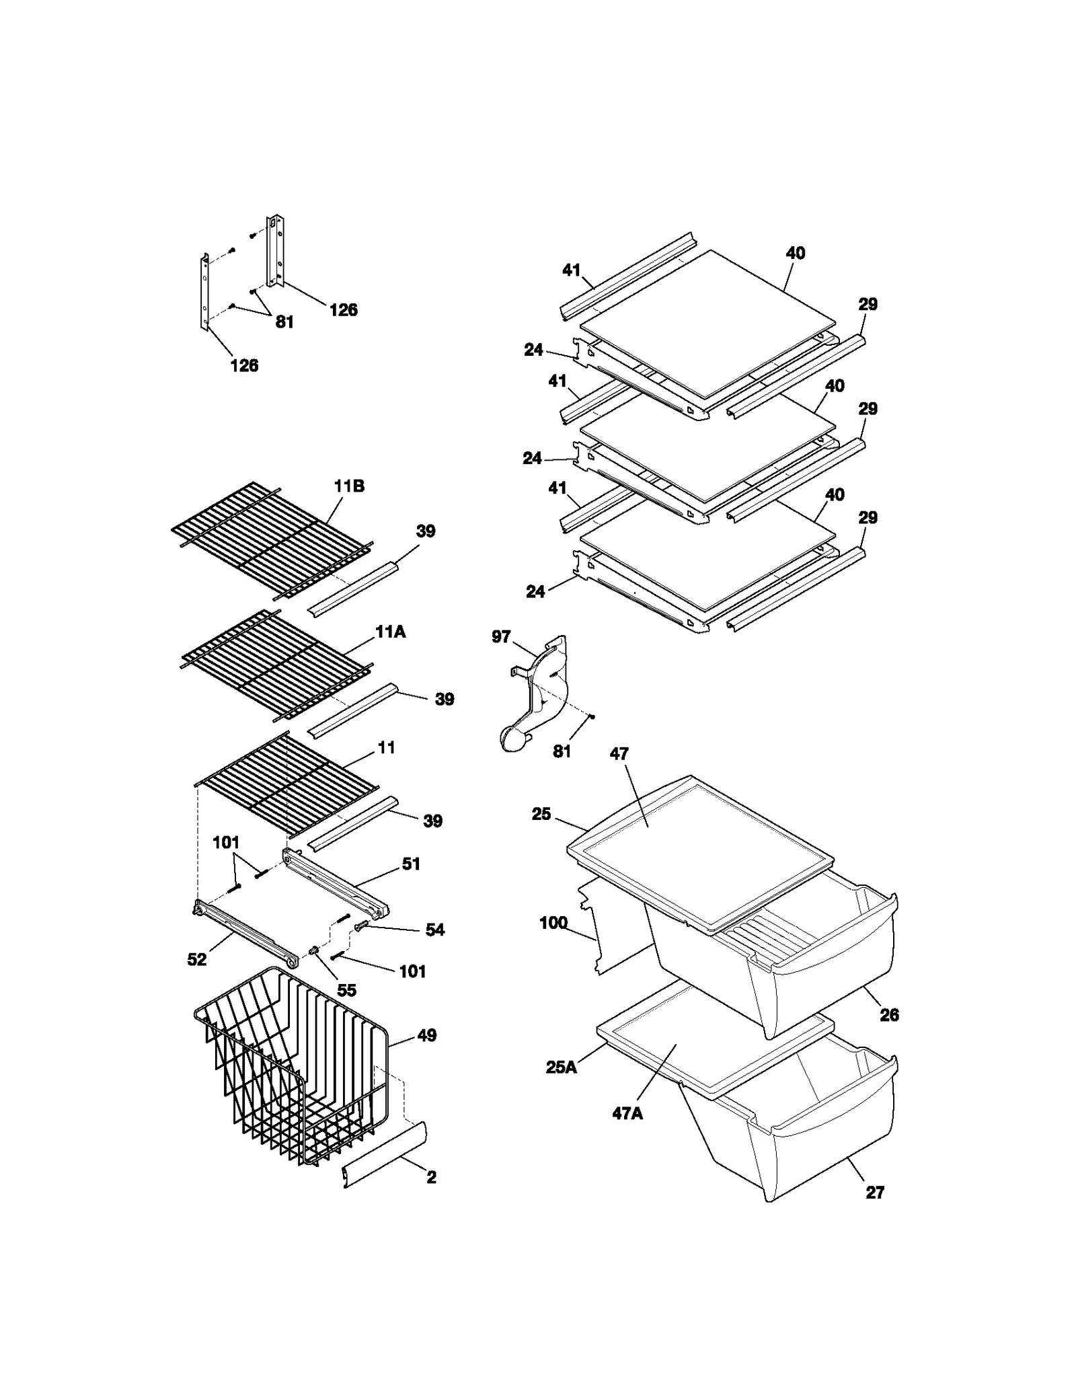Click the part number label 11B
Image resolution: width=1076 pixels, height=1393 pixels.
point(350,486)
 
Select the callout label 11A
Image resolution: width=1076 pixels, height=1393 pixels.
point(390,632)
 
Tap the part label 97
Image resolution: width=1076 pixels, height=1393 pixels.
point(501,636)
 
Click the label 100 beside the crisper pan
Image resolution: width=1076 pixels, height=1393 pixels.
point(553,923)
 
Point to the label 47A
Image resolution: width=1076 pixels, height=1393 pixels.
point(627,1113)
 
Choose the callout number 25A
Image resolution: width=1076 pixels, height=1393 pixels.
point(562,1067)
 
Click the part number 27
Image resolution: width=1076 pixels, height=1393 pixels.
point(874,1192)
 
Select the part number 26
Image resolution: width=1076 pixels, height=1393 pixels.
point(889,1015)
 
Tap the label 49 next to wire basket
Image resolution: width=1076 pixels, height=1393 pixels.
point(427,1035)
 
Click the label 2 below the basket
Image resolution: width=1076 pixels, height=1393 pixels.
point(431,1177)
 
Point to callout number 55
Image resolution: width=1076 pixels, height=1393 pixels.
point(346,990)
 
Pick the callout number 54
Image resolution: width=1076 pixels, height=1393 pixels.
point(435,930)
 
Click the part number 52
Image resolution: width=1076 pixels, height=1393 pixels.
point(196,960)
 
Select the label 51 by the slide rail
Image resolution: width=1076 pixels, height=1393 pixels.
point(411,864)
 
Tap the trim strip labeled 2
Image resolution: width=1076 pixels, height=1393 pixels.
point(385,1154)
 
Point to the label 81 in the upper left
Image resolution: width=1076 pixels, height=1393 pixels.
point(284,322)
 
